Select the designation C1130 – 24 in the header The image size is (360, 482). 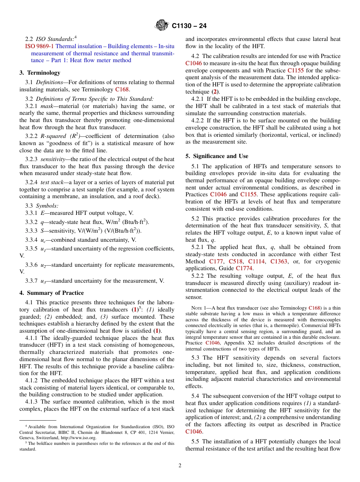189,26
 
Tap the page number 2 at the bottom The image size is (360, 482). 180,466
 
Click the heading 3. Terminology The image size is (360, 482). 40,72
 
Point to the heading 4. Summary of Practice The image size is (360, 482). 52,293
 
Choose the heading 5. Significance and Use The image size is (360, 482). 217,156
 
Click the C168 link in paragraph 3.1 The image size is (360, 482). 122,89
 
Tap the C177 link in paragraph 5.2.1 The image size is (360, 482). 216,261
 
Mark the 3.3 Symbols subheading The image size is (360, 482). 42,206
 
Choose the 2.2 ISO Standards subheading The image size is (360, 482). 49,39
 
